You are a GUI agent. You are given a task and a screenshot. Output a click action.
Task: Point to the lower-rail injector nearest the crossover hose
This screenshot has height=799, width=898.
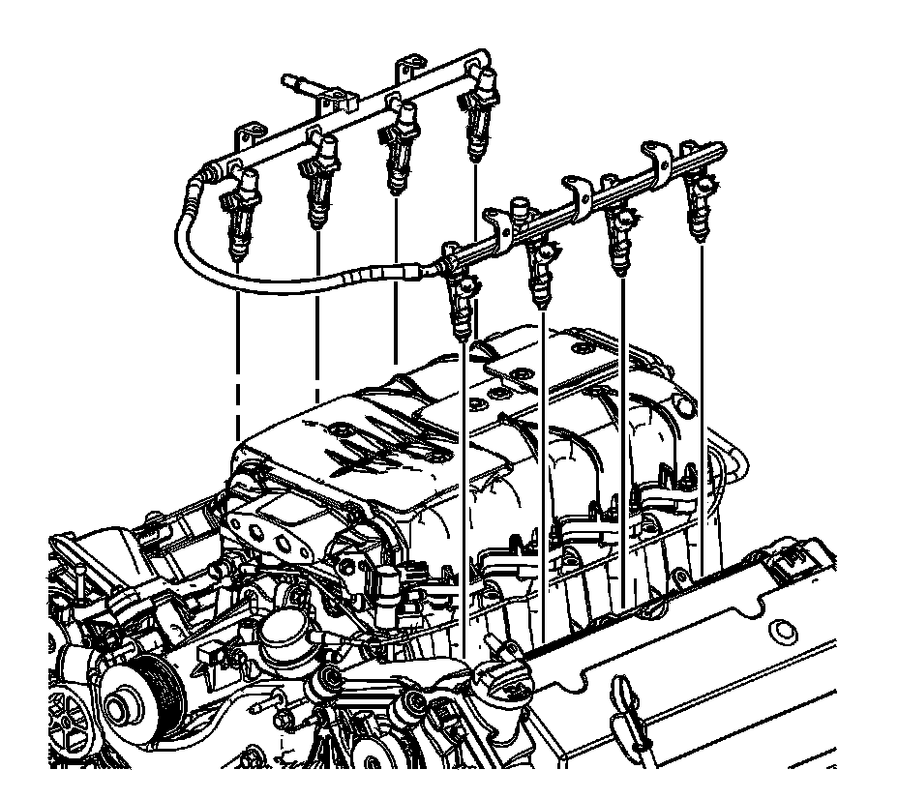point(463,300)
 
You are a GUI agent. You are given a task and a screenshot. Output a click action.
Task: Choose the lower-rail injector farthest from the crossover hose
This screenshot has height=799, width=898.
point(701,208)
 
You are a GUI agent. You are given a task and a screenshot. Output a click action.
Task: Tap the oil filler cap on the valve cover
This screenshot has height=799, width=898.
point(503,677)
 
